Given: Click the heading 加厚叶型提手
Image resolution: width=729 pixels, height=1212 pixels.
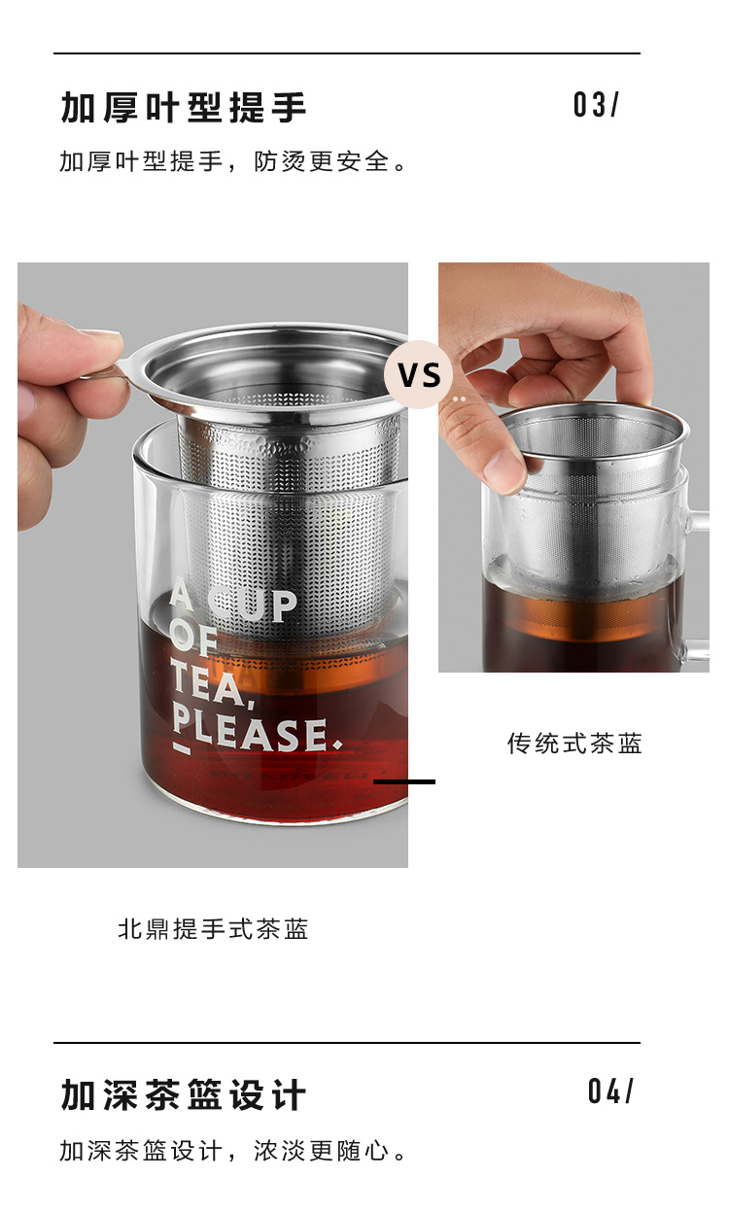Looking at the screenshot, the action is click(x=184, y=107).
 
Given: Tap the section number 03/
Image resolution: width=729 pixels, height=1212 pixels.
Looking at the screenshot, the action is click(x=595, y=104).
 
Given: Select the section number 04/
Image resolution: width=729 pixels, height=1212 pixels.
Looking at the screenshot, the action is click(x=610, y=1091).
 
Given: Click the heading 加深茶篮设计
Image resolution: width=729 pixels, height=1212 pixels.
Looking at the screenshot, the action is click(x=184, y=1094).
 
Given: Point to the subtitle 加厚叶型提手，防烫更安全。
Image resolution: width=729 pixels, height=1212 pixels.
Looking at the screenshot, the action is click(x=232, y=161).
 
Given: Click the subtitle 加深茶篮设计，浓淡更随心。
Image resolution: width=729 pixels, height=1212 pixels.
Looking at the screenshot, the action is click(x=232, y=1151).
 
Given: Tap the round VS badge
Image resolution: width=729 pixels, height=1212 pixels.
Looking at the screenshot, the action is click(x=418, y=374).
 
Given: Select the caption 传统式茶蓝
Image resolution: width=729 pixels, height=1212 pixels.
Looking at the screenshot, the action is click(x=574, y=744).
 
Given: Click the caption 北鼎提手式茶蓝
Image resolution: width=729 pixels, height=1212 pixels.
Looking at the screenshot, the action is click(x=213, y=929).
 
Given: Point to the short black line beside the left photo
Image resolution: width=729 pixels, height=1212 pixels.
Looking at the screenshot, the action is click(x=404, y=781).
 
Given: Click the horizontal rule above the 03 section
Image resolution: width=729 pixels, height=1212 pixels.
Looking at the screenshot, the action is click(x=347, y=53).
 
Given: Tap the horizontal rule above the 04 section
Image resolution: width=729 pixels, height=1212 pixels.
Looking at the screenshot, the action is click(x=347, y=1042).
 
